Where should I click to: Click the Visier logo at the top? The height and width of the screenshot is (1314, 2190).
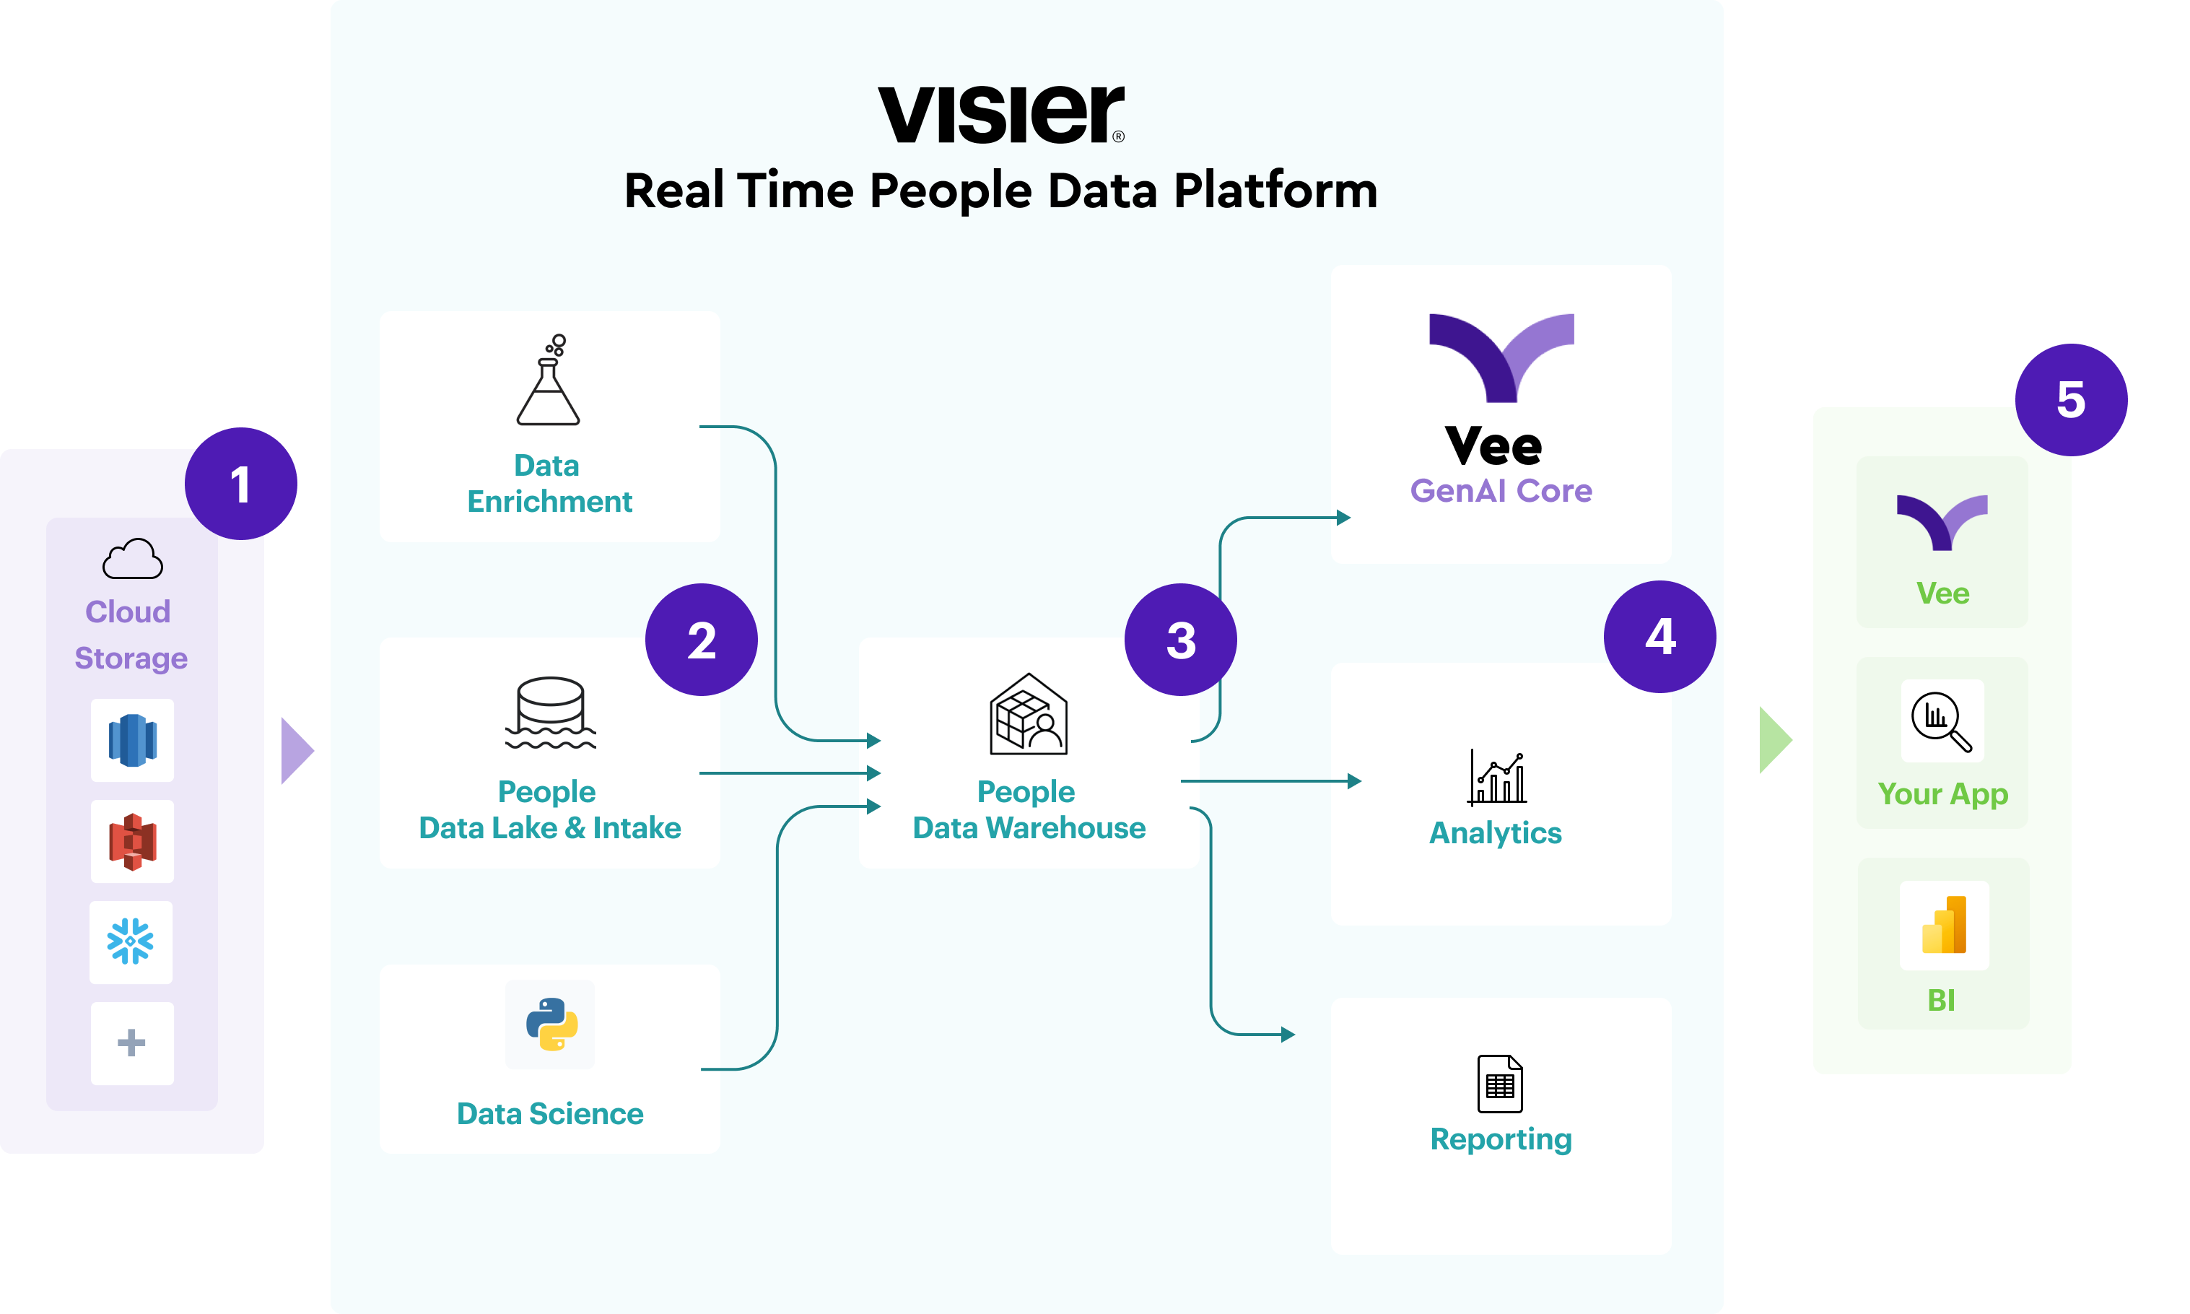click(x=1000, y=114)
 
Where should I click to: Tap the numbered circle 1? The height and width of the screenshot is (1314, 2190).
click(x=241, y=484)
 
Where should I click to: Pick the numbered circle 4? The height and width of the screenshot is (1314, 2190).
click(x=1659, y=637)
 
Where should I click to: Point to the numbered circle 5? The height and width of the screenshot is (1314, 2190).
click(x=2072, y=399)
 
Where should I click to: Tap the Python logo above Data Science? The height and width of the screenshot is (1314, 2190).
click(x=551, y=1024)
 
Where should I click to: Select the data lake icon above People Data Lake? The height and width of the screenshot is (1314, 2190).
click(x=551, y=713)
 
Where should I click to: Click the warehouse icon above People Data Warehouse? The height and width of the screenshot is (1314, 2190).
click(x=1028, y=715)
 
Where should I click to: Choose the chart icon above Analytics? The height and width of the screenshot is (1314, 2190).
click(x=1497, y=778)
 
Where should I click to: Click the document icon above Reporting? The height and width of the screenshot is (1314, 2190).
click(x=1499, y=1083)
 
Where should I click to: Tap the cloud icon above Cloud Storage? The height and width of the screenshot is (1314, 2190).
click(x=133, y=559)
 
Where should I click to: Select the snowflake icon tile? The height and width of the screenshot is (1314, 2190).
click(x=131, y=942)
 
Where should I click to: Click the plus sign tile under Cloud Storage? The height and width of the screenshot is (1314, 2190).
click(x=132, y=1043)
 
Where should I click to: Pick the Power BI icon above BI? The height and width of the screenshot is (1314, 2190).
click(x=1944, y=926)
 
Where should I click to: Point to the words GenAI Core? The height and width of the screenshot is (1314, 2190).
click(x=1501, y=490)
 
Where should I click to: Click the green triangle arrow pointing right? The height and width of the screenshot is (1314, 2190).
click(x=1775, y=740)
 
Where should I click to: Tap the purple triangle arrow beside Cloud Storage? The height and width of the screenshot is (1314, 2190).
click(x=297, y=751)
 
